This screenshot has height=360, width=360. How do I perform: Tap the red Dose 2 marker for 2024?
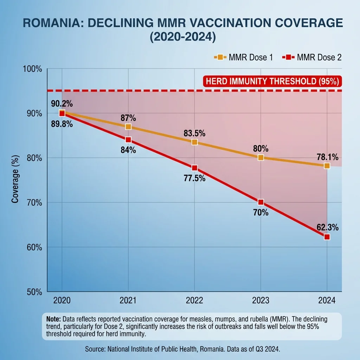327,237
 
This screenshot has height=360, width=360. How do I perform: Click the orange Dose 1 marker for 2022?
194,142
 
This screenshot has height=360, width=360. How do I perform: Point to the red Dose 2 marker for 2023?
261,202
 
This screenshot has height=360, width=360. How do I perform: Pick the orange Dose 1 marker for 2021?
128,127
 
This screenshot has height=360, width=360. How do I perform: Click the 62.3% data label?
327,227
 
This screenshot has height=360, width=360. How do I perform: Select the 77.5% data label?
194,178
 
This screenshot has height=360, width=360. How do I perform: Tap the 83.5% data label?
194,133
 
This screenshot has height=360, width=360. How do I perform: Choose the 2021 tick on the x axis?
128,300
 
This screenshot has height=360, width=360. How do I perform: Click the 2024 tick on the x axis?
327,300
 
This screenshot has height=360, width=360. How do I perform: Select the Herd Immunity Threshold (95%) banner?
272,81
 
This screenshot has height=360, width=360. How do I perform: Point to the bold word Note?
53,319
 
